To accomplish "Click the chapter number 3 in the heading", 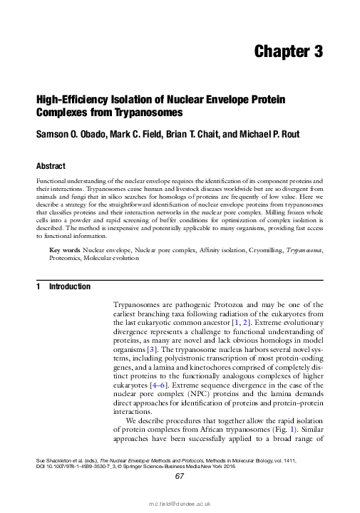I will [316, 51].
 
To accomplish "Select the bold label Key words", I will [64, 251].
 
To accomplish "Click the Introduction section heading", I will [68, 287].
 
